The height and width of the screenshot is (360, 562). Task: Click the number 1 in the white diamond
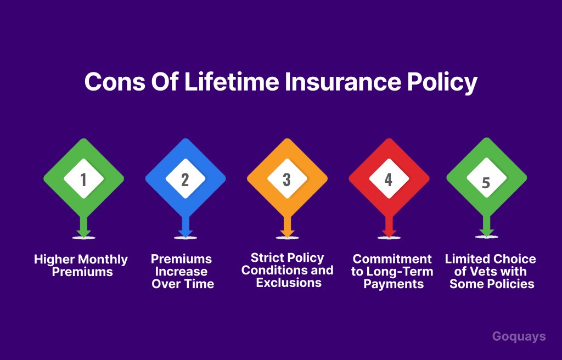(83, 179)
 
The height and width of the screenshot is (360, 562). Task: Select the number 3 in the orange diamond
(286, 179)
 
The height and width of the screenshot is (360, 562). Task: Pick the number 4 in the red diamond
(389, 179)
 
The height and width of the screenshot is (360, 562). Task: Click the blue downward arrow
(186, 226)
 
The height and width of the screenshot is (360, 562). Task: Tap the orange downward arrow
(287, 226)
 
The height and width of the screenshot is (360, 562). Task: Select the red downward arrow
(389, 226)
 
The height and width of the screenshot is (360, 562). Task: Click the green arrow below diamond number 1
(83, 226)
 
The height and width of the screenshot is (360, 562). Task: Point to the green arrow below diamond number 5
(486, 226)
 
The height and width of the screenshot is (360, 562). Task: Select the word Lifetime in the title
(232, 82)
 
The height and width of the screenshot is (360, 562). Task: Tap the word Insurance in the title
(342, 82)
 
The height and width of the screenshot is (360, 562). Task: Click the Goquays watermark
(519, 337)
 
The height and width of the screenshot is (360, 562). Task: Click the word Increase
(181, 272)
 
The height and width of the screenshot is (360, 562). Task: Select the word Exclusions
(289, 283)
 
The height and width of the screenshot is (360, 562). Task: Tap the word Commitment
(392, 259)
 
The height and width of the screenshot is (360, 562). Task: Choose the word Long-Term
(400, 272)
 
